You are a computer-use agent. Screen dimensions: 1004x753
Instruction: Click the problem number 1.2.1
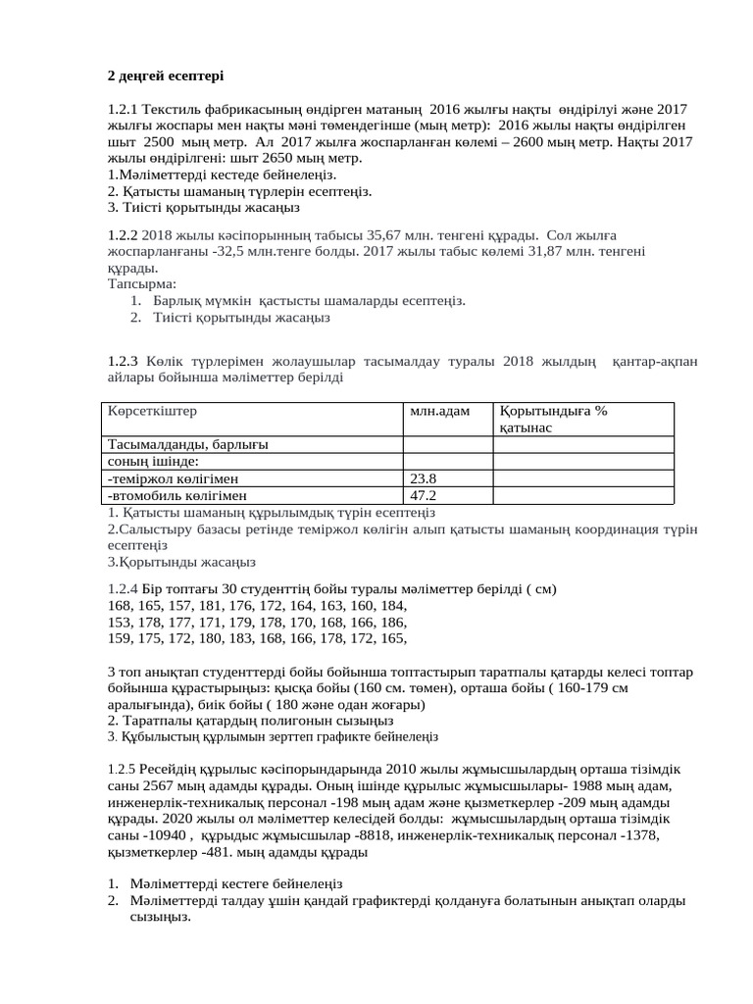tap(124, 110)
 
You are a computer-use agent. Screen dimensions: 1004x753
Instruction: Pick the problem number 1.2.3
tap(124, 362)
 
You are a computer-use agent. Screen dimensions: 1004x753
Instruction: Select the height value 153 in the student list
tap(119, 622)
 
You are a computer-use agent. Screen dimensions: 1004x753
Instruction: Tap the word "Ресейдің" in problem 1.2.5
tap(167, 770)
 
